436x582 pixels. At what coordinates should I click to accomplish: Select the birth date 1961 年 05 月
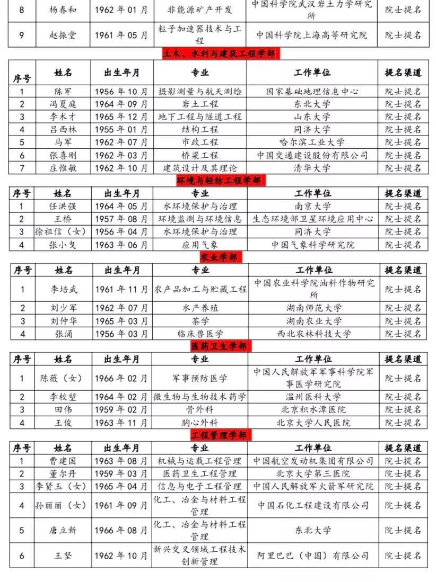(121, 35)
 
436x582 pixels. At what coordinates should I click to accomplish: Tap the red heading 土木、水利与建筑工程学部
(219, 54)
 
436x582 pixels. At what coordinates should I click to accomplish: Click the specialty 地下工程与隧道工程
(199, 117)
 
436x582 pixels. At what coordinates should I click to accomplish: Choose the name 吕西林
(62, 129)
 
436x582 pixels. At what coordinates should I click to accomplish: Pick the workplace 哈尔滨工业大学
(312, 142)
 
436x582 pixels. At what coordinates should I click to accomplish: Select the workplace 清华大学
(312, 168)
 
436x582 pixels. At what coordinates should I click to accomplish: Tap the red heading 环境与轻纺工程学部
(219, 181)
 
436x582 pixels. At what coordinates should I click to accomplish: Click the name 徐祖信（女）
(62, 232)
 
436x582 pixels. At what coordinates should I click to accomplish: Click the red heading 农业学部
(219, 257)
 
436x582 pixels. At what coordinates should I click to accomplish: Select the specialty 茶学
(200, 321)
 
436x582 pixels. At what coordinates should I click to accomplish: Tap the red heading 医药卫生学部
(219, 346)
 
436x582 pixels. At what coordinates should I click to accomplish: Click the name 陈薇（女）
(62, 378)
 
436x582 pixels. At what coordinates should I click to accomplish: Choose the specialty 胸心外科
(200, 423)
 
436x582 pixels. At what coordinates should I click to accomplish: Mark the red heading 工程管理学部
(219, 435)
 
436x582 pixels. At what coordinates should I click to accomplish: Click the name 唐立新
(62, 530)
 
